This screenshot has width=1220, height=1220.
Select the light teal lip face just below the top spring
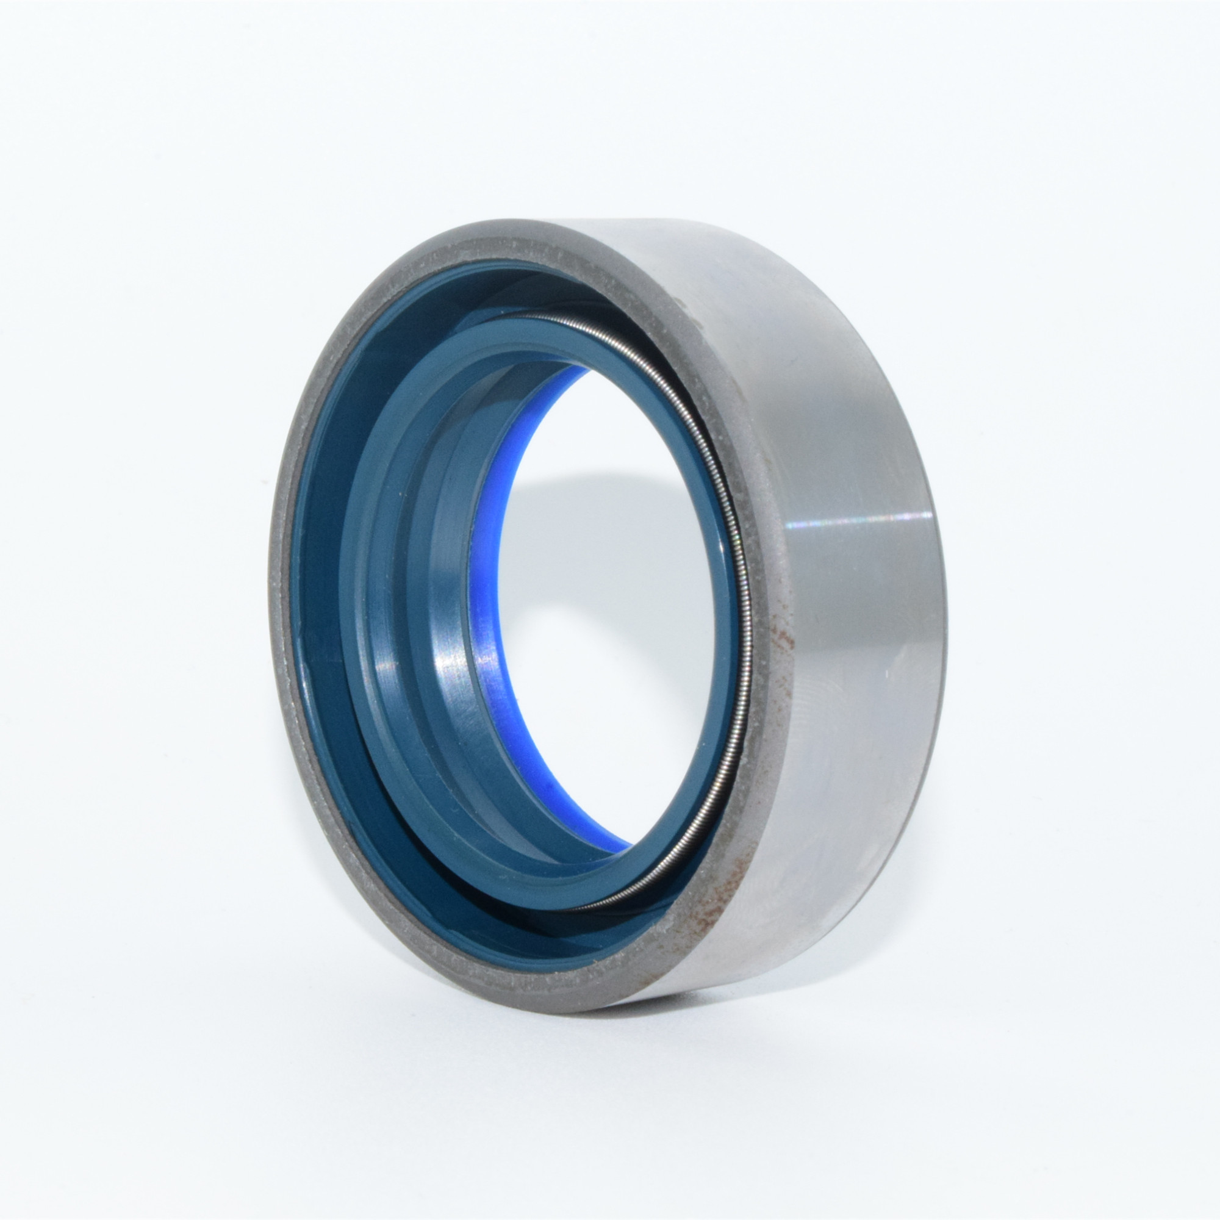[537, 338]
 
